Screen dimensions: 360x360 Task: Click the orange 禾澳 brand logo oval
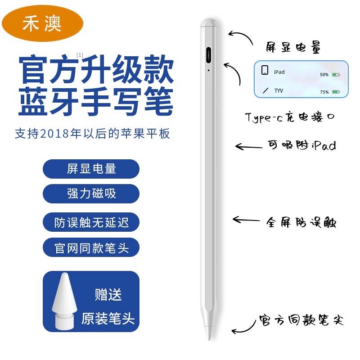pyautogui.click(x=42, y=23)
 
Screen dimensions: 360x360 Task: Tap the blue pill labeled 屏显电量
pyautogui.click(x=91, y=169)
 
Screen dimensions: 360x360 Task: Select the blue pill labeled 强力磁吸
pyautogui.click(x=91, y=193)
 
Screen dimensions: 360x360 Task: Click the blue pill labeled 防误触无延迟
pyautogui.click(x=91, y=222)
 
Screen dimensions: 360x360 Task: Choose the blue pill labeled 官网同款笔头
pyautogui.click(x=91, y=247)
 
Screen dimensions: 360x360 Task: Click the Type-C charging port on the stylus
pyautogui.click(x=208, y=55)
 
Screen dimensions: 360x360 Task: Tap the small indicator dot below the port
pyautogui.click(x=208, y=70)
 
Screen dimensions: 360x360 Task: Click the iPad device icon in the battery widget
pyautogui.click(x=265, y=70)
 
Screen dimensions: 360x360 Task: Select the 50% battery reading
pyautogui.click(x=324, y=75)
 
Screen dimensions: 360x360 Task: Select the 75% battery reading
pyautogui.click(x=324, y=92)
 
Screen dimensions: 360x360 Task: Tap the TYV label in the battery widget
pyautogui.click(x=279, y=91)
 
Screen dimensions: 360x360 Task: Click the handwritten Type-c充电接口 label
pyautogui.click(x=290, y=117)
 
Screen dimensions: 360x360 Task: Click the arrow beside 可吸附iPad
pyautogui.click(x=249, y=147)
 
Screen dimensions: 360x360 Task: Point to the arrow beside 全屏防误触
pyautogui.click(x=246, y=220)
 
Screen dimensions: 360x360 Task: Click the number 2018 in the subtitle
pyautogui.click(x=54, y=134)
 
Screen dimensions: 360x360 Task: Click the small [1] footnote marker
pyautogui.click(x=80, y=55)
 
